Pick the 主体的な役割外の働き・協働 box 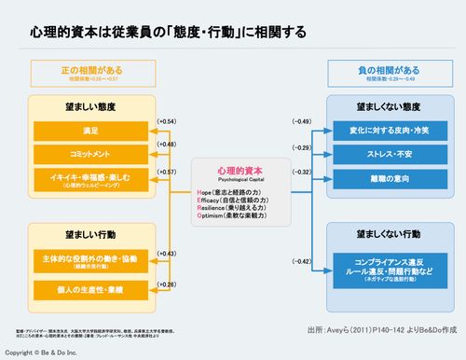pyautogui.click(x=90, y=258)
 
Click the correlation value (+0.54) pyautogui.click(x=166, y=122)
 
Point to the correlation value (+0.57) pyautogui.click(x=166, y=172)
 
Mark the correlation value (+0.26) pyautogui.click(x=166, y=284)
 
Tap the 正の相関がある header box pyautogui.click(x=90, y=72)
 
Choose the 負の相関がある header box pyautogui.click(x=375, y=72)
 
